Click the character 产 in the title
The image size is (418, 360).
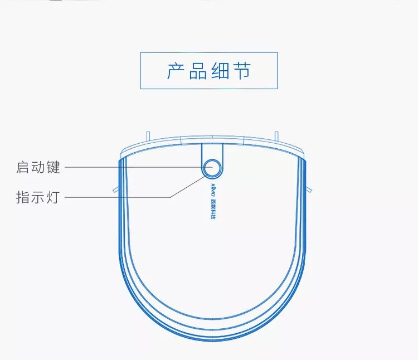pyautogui.click(x=177, y=71)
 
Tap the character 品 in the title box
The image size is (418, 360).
pyautogui.click(x=198, y=71)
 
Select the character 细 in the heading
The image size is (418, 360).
pyautogui.click(x=220, y=71)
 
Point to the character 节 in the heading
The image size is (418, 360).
pyautogui.click(x=241, y=71)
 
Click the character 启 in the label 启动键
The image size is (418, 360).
pyautogui.click(x=23, y=167)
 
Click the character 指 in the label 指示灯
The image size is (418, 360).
pyautogui.click(x=23, y=197)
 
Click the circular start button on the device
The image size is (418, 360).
pyautogui.click(x=212, y=167)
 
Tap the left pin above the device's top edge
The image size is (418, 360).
pyautogui.click(x=148, y=135)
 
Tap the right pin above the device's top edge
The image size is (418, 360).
pyautogui.click(x=276, y=135)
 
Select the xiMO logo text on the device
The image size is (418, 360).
pyautogui.click(x=212, y=188)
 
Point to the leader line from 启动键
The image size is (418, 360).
pyautogui.click(x=134, y=167)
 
